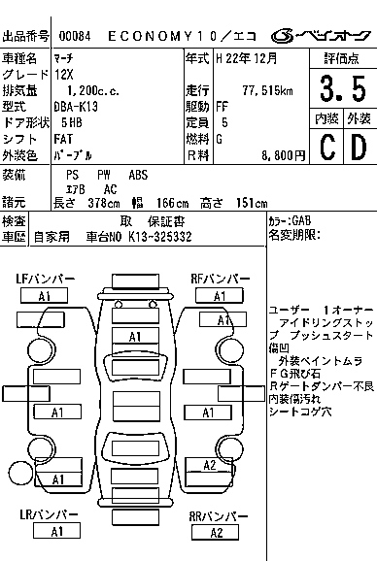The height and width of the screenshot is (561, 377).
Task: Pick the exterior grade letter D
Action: coord(358,148)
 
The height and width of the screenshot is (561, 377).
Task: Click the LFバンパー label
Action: coord(46,280)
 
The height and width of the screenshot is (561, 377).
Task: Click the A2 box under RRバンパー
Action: coord(216,532)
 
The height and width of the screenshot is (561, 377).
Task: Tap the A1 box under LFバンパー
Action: coord(44,296)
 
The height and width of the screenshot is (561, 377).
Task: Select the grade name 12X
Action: coord(62,74)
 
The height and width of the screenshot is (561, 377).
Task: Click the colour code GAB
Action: coord(300,221)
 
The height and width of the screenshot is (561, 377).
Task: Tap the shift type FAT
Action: coord(61,139)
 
